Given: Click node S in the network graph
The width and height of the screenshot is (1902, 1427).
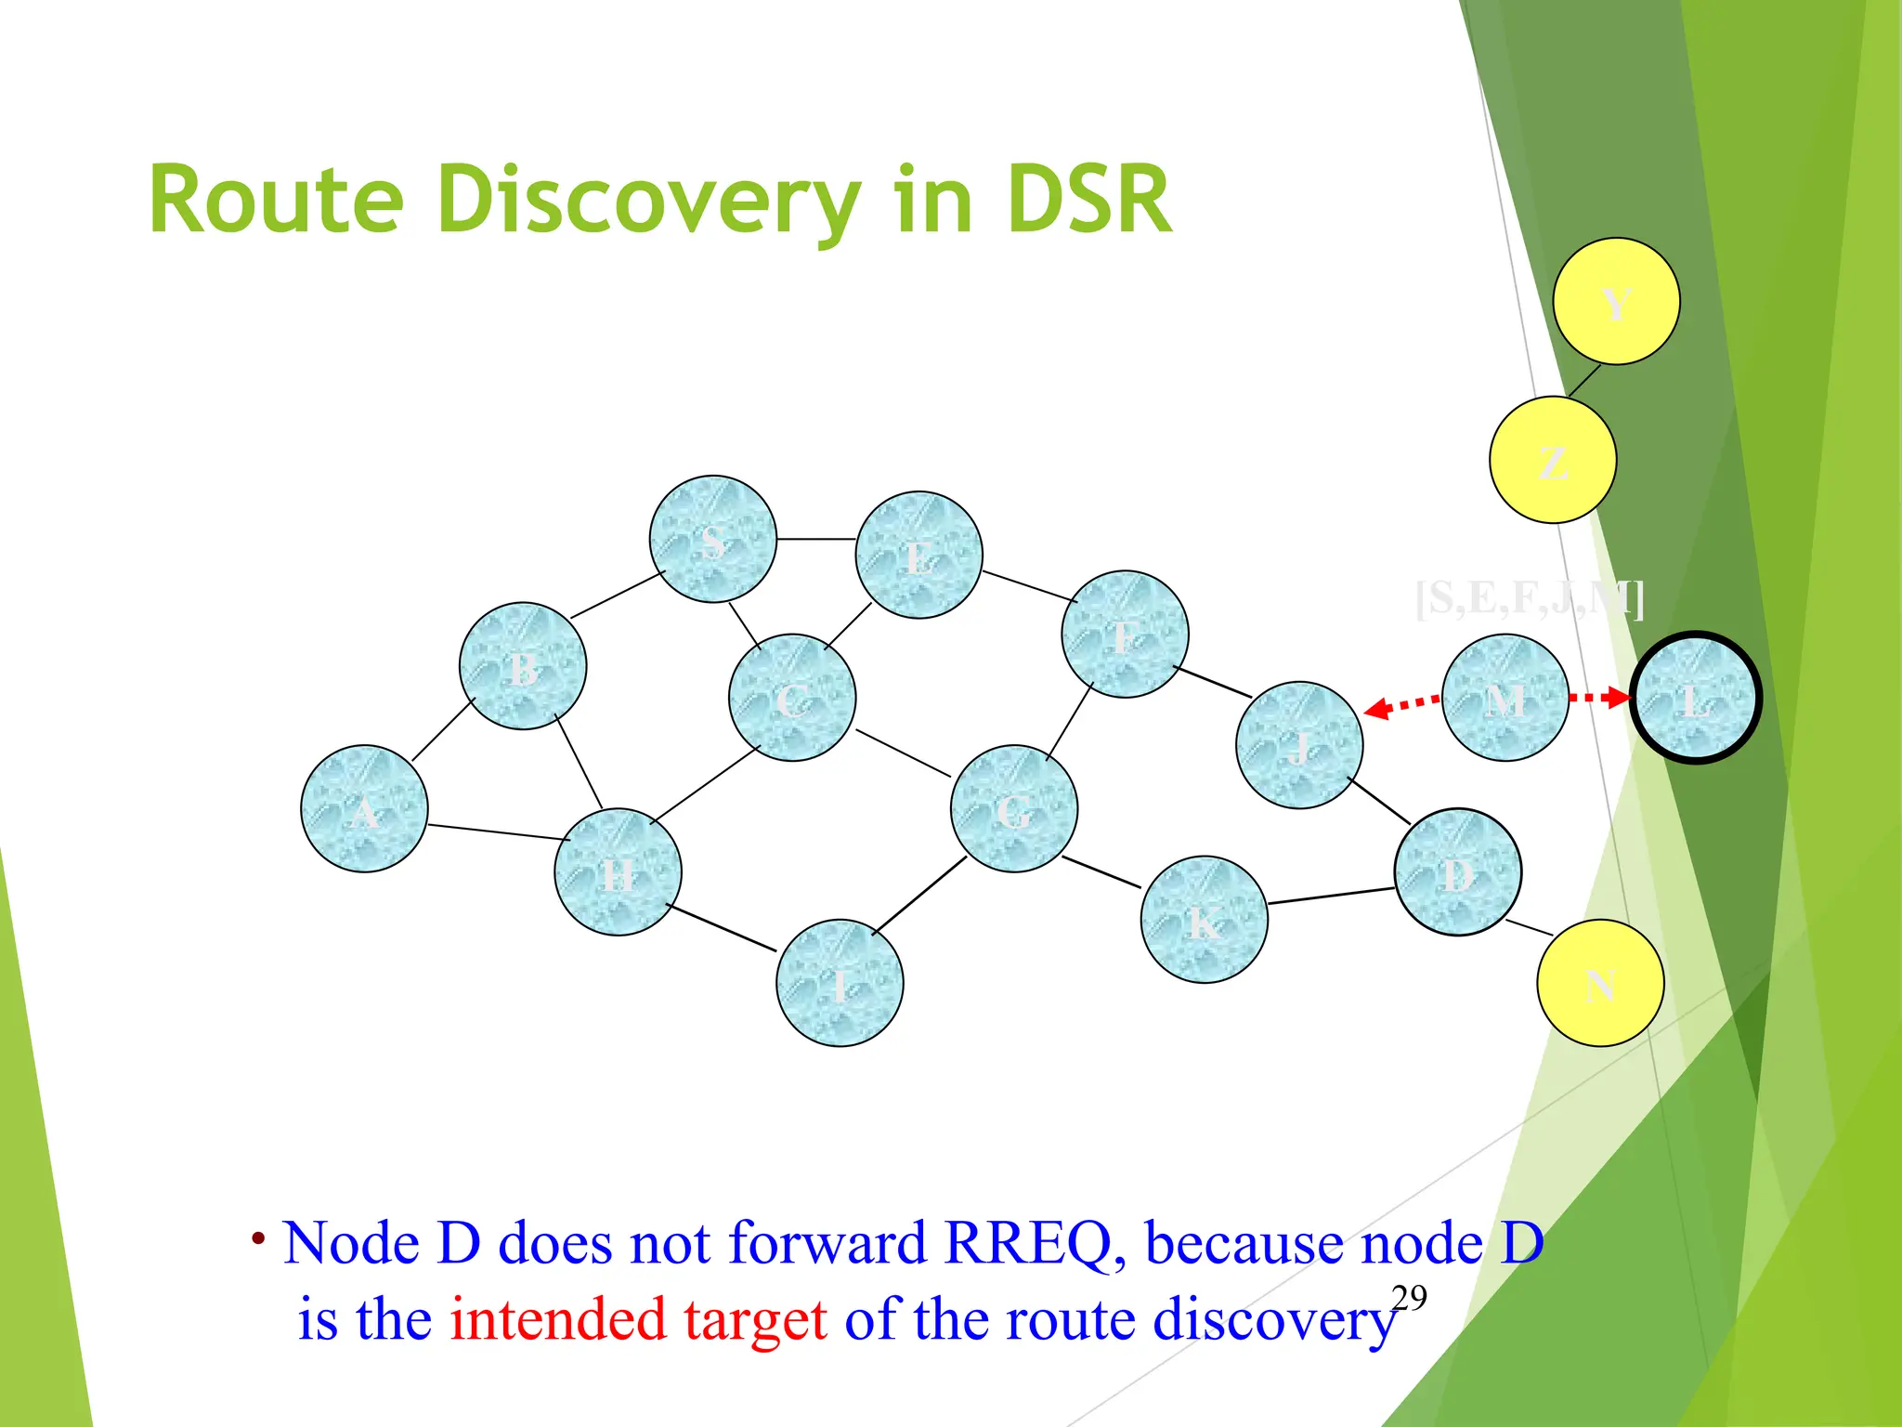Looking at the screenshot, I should point(712,539).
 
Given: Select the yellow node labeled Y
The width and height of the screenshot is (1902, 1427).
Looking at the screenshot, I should point(1616,301).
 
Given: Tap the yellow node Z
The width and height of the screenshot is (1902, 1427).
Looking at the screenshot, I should point(1553,460).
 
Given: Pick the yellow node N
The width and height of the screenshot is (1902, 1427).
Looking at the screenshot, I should point(1600,983).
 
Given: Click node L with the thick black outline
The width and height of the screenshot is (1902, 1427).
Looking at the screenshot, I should point(1696,698).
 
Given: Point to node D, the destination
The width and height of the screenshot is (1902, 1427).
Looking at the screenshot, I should point(1457,871).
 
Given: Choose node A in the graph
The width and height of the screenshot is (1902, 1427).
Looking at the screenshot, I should point(364,808).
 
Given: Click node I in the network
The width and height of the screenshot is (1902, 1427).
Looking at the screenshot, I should point(840,983).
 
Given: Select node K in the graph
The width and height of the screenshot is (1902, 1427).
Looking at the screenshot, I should point(1204,920).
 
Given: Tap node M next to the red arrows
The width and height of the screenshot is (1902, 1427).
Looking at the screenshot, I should point(1505,698).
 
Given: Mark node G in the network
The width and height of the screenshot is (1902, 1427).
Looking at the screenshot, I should point(1014,808).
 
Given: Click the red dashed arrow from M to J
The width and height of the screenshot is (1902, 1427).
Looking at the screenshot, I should point(1402,706).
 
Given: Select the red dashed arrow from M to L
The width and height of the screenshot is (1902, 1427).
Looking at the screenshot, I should point(1600,697).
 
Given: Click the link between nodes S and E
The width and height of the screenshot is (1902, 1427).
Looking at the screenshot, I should point(815,539).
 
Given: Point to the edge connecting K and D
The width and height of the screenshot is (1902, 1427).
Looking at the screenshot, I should point(1331,896).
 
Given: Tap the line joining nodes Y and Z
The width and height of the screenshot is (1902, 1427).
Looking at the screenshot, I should point(1584,380).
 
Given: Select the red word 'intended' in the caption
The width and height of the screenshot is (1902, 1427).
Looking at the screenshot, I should point(558,1319).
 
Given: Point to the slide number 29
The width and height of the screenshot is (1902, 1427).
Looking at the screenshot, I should point(1409,1298).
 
